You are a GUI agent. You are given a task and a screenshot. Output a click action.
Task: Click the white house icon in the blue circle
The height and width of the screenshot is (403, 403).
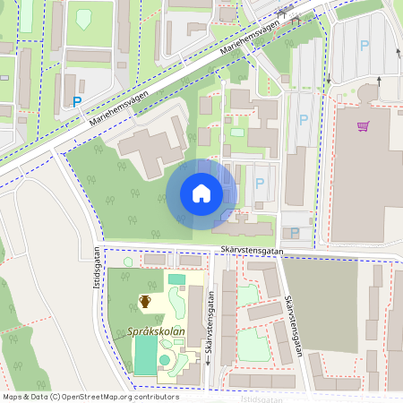pyautogui.click(x=201, y=193)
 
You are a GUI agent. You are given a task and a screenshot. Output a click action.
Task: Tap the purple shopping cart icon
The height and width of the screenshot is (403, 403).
pyautogui.click(x=363, y=126)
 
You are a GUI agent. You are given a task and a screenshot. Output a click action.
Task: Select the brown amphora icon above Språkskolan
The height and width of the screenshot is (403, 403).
pyautogui.click(x=144, y=301)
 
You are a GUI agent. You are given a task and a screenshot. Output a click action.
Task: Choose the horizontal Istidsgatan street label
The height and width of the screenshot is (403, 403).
pyautogui.click(x=270, y=399)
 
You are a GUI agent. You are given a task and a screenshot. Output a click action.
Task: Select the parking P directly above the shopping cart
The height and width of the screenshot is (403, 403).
pyautogui.click(x=364, y=45)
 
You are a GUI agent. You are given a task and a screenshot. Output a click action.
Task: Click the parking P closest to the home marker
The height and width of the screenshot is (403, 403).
pyautogui.click(x=260, y=183)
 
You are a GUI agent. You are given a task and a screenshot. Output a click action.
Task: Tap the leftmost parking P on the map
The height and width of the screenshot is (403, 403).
pyautogui.click(x=77, y=102)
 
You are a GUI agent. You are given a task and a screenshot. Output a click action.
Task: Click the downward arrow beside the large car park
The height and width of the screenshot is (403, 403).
pyautogui.click(x=328, y=78)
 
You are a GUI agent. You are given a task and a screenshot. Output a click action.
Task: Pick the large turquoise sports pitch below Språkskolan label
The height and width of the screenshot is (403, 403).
pyautogui.click(x=145, y=356)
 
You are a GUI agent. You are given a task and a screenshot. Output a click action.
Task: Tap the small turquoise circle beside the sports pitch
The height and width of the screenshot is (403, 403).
pyautogui.click(x=165, y=360)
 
